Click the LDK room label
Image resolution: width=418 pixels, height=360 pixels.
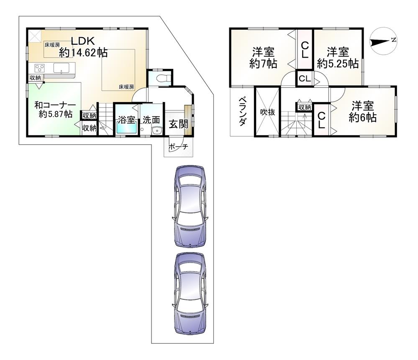83,41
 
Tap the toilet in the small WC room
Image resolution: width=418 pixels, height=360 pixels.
164,78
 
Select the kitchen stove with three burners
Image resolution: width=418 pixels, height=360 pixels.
39,68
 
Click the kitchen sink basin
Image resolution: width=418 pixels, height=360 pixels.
62,68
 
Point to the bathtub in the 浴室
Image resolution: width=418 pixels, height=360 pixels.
127,129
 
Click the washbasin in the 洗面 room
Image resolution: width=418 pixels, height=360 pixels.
156,131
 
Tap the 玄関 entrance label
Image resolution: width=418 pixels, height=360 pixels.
178,124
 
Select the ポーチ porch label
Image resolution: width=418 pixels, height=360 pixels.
178,147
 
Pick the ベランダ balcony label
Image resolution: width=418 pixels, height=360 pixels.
242,112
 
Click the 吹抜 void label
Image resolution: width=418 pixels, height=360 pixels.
267,112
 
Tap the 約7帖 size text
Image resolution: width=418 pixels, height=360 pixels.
263,64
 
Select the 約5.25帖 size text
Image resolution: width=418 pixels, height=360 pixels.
338,64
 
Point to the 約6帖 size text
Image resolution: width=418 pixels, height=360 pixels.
362,117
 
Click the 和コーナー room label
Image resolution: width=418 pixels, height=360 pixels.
55,105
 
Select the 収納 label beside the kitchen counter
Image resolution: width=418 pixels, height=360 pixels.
35,78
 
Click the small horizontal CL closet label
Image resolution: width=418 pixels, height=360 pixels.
305,79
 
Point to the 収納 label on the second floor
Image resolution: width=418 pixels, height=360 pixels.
305,107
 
